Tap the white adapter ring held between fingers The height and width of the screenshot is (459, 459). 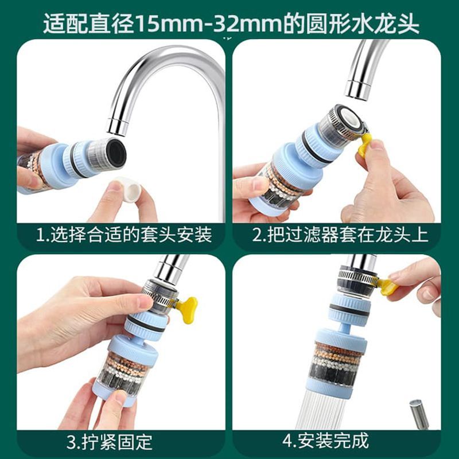coord(128,188)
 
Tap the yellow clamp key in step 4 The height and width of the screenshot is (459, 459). coord(386,287)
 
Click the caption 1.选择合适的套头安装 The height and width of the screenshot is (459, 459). coord(123,235)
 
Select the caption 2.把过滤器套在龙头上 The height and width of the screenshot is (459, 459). coord(340,235)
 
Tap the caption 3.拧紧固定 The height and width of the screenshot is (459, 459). coord(109,441)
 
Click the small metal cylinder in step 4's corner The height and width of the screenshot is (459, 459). coord(419,413)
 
